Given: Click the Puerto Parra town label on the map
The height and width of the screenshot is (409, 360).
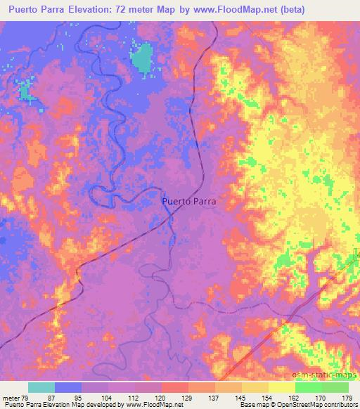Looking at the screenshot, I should pyautogui.click(x=189, y=200).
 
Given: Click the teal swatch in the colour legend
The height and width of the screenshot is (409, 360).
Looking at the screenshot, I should pyautogui.click(x=41, y=387).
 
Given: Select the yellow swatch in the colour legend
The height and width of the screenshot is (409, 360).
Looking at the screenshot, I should pyautogui.click(x=281, y=387).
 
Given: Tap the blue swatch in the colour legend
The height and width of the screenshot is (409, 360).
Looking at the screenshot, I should pyautogui.click(x=68, y=387).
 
